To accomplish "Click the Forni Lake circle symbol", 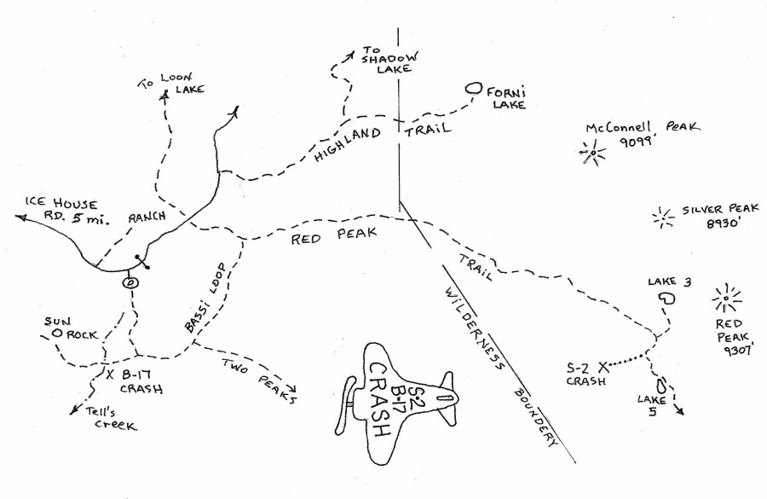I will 474,88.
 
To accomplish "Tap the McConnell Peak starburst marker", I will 590,154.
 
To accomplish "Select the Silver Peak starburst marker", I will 661,218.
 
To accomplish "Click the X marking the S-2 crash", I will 604,367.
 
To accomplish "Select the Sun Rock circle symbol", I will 56,333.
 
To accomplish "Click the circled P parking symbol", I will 131,282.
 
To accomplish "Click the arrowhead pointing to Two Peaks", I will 292,397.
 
